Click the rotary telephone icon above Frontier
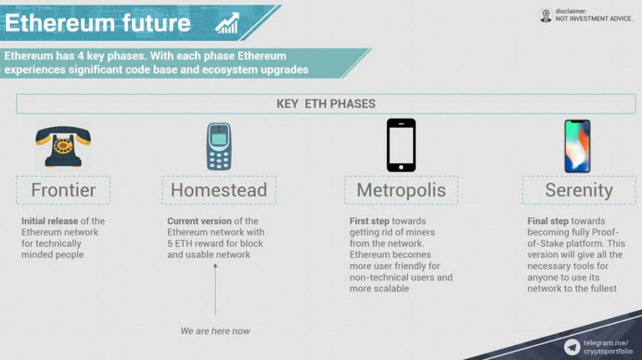63,146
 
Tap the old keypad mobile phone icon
219,146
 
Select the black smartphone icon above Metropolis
401,145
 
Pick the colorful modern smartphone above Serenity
577,146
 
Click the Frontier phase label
63,190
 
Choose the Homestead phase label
219,190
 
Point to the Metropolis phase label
401,190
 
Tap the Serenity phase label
579,190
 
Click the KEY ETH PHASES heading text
326,103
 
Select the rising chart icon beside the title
227,23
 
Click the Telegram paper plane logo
572,347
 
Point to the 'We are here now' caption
216,331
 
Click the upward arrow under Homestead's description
216,289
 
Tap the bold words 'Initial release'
50,221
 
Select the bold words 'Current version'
199,221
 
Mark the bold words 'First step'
369,221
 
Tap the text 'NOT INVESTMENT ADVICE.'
594,18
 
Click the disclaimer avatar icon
546,15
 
